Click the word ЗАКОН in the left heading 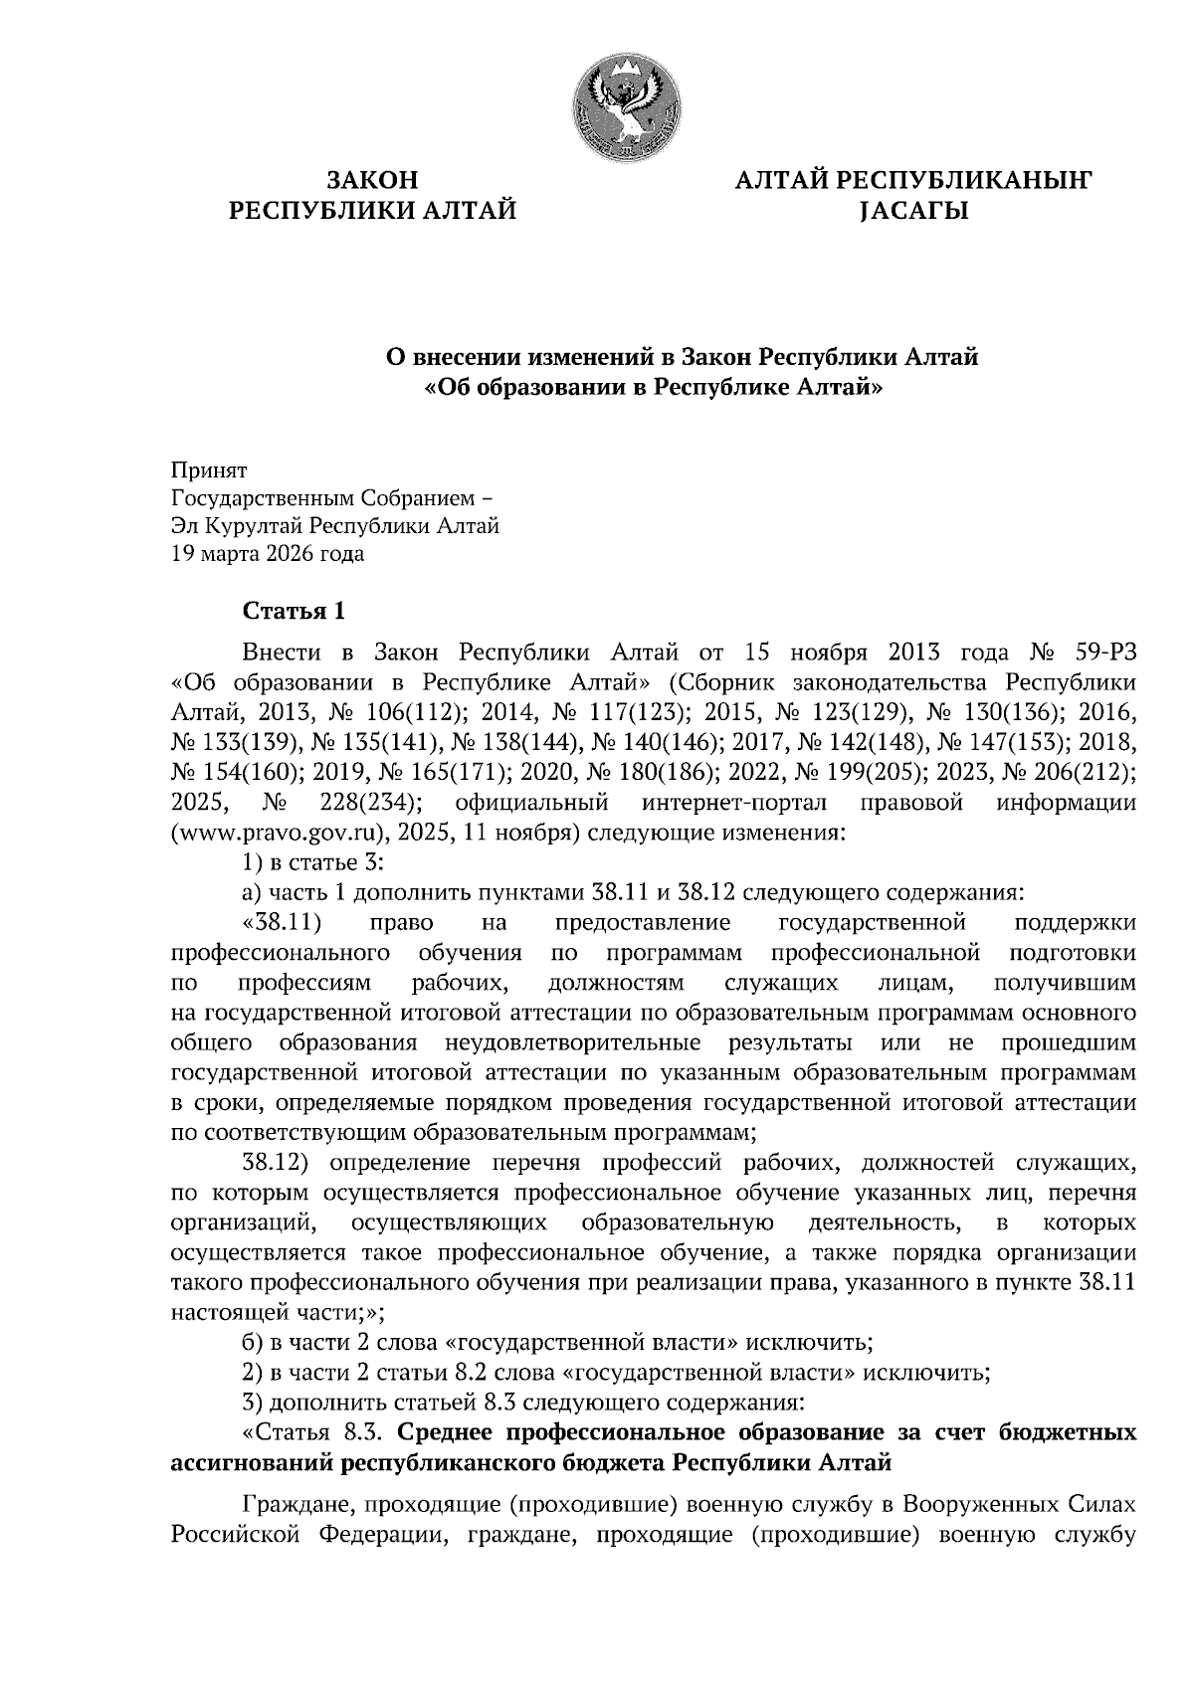coord(373,180)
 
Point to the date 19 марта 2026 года coord(268,553)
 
